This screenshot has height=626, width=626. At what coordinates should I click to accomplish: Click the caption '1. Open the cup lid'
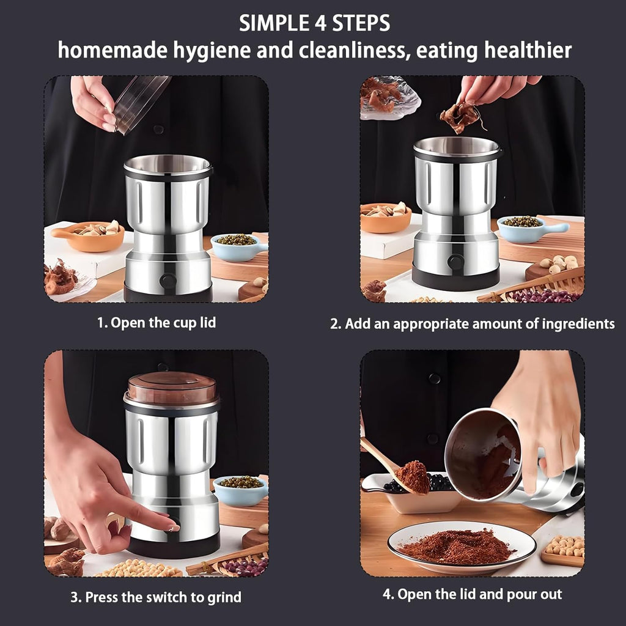point(156,323)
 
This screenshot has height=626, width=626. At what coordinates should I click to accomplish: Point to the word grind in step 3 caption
point(225,597)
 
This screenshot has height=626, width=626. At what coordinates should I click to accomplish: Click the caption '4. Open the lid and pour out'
point(472,594)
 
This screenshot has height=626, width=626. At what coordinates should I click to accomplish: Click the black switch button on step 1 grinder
point(168,281)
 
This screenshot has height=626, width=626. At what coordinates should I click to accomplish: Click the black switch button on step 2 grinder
point(456,262)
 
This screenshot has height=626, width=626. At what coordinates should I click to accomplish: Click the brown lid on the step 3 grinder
point(172,388)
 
